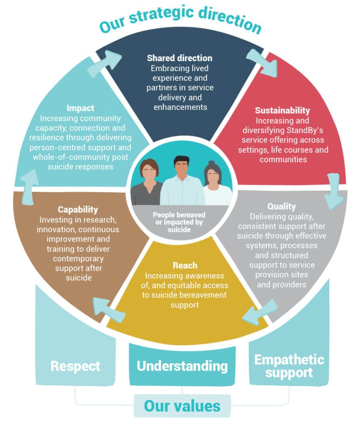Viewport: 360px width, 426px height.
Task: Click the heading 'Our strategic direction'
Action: [x=180, y=21]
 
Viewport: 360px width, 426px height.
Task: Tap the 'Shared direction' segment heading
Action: [x=180, y=58]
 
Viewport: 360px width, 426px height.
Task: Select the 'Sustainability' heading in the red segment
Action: [x=282, y=111]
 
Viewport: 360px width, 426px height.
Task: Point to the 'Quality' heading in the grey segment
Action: [x=281, y=207]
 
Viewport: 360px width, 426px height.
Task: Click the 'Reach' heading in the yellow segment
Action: [x=185, y=266]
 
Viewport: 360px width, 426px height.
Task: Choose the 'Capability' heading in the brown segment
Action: [x=78, y=209]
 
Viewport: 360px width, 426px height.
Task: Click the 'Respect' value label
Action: [x=75, y=366]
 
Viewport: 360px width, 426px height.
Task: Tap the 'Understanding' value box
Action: [x=182, y=366]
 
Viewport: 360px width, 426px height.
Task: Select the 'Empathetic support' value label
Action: [x=289, y=366]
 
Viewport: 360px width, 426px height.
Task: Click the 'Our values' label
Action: [x=182, y=405]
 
